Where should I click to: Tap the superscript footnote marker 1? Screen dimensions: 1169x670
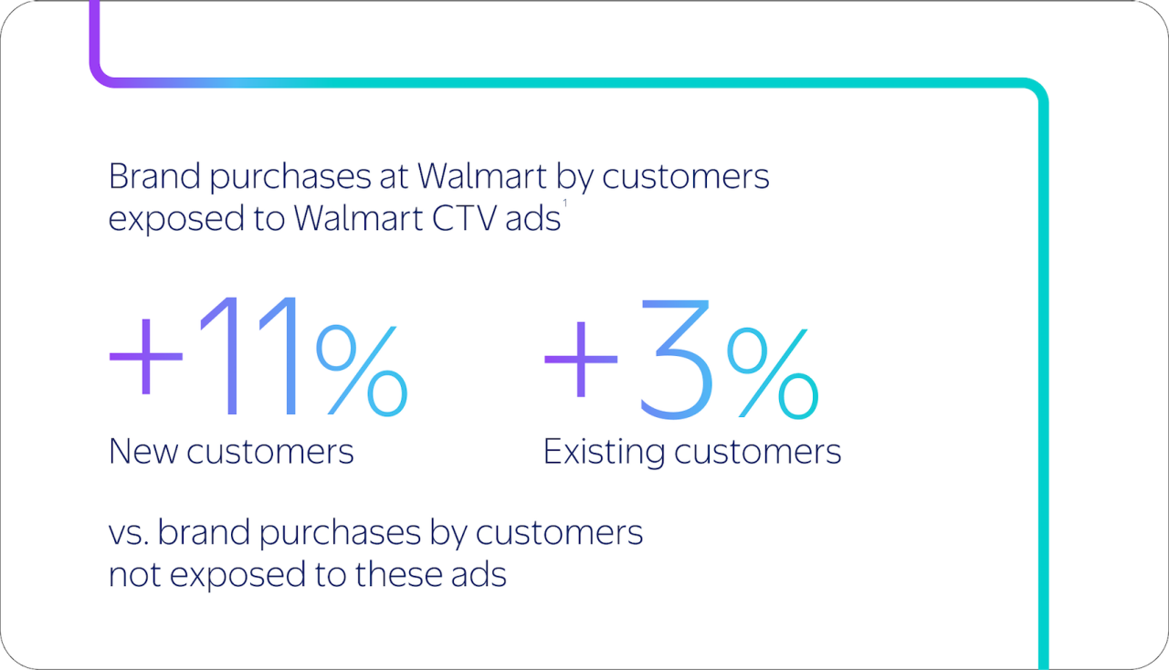[564, 203]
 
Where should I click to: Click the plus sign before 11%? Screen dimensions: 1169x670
[145, 357]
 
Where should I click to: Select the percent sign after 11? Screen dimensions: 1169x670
[361, 371]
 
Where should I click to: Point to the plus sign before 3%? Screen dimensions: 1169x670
[581, 359]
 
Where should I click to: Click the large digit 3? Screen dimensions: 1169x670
[675, 360]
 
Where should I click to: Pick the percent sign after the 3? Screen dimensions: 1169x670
[773, 373]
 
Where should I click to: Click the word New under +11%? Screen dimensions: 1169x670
[143, 451]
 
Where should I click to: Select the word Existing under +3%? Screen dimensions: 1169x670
[604, 452]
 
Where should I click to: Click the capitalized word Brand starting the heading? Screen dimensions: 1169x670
[154, 176]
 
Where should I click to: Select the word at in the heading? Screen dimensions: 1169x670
[394, 177]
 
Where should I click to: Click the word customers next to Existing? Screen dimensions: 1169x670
[758, 452]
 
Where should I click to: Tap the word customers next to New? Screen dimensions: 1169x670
[270, 452]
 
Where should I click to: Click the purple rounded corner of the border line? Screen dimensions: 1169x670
[102, 75]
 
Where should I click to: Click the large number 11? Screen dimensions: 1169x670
[249, 356]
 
